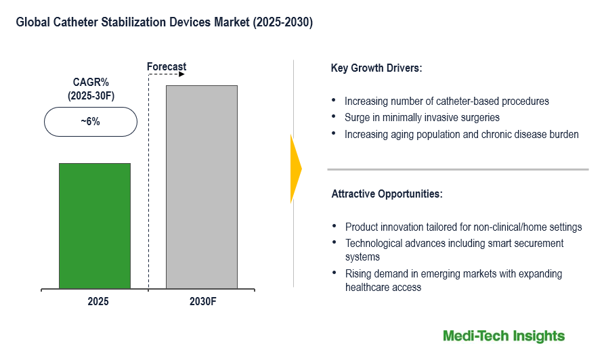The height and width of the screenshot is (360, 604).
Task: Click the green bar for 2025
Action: tap(94, 226)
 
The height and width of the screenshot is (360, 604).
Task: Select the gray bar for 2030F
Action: tap(201, 187)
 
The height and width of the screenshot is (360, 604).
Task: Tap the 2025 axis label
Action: tap(98, 301)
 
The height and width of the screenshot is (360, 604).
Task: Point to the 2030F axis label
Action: tap(202, 301)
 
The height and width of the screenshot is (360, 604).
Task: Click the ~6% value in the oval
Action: tap(90, 122)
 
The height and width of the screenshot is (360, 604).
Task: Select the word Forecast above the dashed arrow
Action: tap(167, 66)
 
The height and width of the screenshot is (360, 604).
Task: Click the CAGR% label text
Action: tap(91, 83)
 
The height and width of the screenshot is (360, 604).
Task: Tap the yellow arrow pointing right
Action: tap(296, 168)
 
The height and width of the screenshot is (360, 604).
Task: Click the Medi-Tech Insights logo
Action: tap(503, 336)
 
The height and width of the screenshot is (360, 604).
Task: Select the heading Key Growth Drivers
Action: tap(376, 68)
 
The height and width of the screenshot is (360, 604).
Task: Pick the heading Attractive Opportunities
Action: tap(387, 194)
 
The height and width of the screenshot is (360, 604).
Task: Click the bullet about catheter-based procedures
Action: tap(446, 101)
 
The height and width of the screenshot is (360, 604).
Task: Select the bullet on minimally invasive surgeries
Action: tap(422, 117)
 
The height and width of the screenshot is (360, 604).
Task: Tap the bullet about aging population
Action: tap(461, 134)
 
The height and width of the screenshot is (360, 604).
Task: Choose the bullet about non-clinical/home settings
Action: tap(463, 227)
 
